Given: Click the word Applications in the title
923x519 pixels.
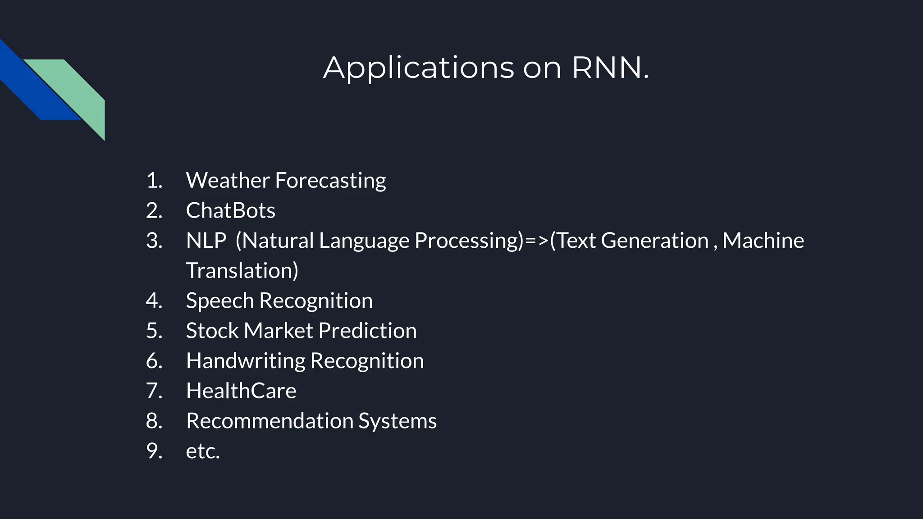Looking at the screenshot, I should click(x=419, y=68).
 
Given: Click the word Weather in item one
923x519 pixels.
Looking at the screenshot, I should click(x=228, y=180).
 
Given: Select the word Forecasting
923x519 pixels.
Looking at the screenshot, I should click(x=330, y=180).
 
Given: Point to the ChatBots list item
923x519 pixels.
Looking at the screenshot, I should click(x=230, y=210).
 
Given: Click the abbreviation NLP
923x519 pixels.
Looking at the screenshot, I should click(x=206, y=240).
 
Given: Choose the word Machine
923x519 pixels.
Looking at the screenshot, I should click(x=763, y=240).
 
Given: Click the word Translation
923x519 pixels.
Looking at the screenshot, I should click(x=242, y=270).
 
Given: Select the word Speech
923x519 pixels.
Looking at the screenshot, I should click(x=219, y=300).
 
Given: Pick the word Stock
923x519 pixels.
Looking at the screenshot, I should click(x=212, y=331).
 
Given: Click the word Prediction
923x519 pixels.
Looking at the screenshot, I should click(x=367, y=331).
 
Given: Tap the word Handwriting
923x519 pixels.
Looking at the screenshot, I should click(x=246, y=361).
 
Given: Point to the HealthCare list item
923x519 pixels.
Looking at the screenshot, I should click(x=241, y=391).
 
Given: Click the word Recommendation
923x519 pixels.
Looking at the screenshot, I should click(x=270, y=421).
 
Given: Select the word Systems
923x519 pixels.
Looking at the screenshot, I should click(x=397, y=421).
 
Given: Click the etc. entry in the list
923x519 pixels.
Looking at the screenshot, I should click(x=203, y=451).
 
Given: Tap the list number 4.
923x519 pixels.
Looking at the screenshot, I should click(x=153, y=300).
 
